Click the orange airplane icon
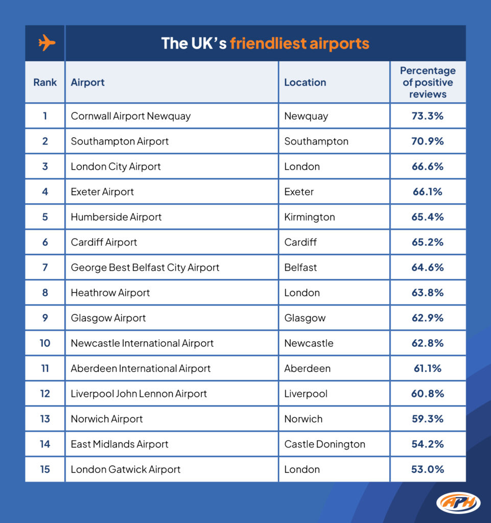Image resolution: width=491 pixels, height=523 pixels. pyautogui.click(x=46, y=43)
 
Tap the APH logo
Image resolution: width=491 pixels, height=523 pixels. pyautogui.click(x=458, y=503)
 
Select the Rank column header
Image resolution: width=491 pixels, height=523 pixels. pyautogui.click(x=45, y=82)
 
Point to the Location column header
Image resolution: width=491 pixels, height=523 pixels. pyautogui.click(x=305, y=82)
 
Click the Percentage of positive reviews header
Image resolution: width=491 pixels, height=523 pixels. pyautogui.click(x=428, y=82)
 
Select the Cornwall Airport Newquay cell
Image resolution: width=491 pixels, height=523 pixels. pyautogui.click(x=130, y=116)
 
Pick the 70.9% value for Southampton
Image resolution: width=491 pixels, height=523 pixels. pyautogui.click(x=428, y=141)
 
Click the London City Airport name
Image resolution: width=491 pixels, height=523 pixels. pyautogui.click(x=115, y=167)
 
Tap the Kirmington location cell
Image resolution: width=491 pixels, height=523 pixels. pyautogui.click(x=310, y=217)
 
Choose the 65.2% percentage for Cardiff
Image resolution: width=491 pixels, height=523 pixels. pyautogui.click(x=428, y=242)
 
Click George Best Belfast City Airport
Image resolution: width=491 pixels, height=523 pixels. pyautogui.click(x=145, y=268)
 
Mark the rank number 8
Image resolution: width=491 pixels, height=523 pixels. pyautogui.click(x=45, y=293)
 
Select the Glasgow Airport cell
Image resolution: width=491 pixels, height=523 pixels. pyautogui.click(x=108, y=318)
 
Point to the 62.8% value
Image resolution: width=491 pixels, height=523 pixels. pyautogui.click(x=428, y=343)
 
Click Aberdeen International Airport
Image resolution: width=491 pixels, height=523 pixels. pyautogui.click(x=141, y=369)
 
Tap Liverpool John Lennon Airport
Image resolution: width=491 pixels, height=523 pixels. pyautogui.click(x=139, y=394)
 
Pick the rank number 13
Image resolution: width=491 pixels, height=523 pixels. pyautogui.click(x=45, y=419)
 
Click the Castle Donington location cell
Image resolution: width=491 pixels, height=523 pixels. pyautogui.click(x=324, y=444)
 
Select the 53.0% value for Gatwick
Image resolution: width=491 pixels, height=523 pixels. pyautogui.click(x=428, y=469)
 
